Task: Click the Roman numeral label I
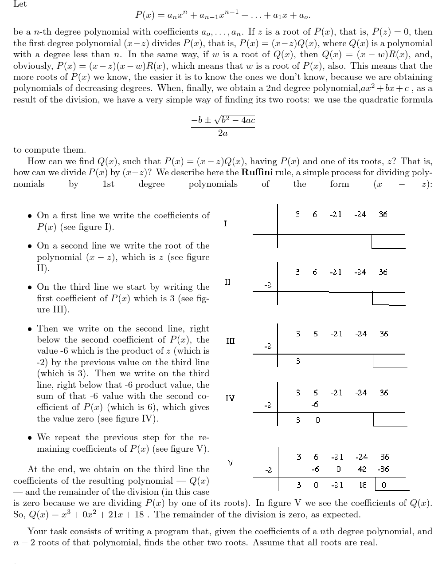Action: [x=225, y=224]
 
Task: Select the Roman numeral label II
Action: [x=227, y=282]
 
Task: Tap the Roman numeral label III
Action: [x=230, y=341]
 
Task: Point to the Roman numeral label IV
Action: [x=230, y=398]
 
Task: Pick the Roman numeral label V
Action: [x=230, y=462]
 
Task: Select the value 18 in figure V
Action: [x=362, y=485]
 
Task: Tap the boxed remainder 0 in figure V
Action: [x=384, y=485]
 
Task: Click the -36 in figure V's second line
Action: [x=383, y=469]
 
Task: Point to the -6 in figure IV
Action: [x=314, y=404]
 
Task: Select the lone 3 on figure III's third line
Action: [x=298, y=361]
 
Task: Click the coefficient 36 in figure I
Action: [x=383, y=214]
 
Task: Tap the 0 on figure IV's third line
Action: [x=317, y=420]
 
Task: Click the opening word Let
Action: [x=20, y=4]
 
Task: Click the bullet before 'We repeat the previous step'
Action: [x=29, y=438]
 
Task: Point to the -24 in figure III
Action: [x=361, y=334]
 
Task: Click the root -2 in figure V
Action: [x=268, y=470]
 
